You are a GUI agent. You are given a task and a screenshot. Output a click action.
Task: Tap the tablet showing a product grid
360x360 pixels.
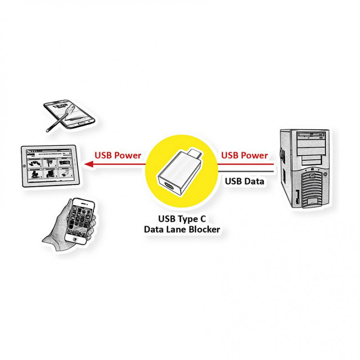[48, 165]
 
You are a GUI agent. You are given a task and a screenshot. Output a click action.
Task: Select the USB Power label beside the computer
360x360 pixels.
[244, 155]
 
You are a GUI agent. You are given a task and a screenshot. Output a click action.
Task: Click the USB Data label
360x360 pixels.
[244, 181]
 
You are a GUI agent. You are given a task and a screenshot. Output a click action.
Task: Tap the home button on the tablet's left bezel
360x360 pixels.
[24, 166]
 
